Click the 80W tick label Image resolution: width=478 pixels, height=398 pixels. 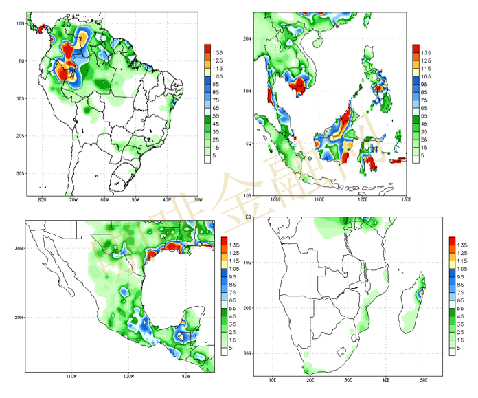(42, 199)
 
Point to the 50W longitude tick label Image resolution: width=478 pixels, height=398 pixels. (135, 199)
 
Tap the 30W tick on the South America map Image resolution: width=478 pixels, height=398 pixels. (198, 199)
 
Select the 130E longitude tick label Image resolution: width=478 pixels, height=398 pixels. (405, 199)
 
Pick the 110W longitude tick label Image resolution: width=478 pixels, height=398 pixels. (70, 377)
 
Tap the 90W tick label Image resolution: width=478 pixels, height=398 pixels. (185, 377)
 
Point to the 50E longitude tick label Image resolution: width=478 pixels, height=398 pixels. (424, 379)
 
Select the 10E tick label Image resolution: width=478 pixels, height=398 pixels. (273, 379)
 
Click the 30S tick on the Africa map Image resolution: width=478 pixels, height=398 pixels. (248, 353)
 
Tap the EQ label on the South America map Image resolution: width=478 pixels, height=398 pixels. (21, 61)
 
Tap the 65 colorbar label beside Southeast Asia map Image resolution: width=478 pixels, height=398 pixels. (426, 109)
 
